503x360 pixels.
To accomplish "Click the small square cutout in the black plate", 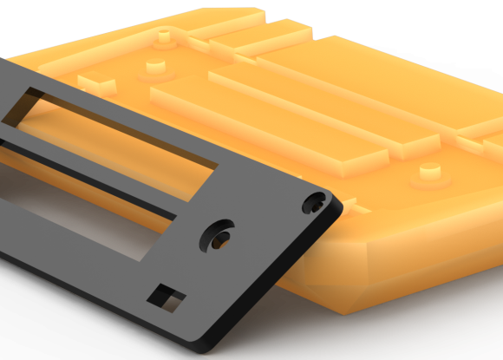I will (x=167, y=298).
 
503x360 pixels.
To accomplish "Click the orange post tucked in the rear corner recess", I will (x=162, y=36).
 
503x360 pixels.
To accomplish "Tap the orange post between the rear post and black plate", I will (x=154, y=67).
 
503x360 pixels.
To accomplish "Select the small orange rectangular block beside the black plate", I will (x=97, y=83).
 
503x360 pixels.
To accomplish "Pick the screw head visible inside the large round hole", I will (x=221, y=239).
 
